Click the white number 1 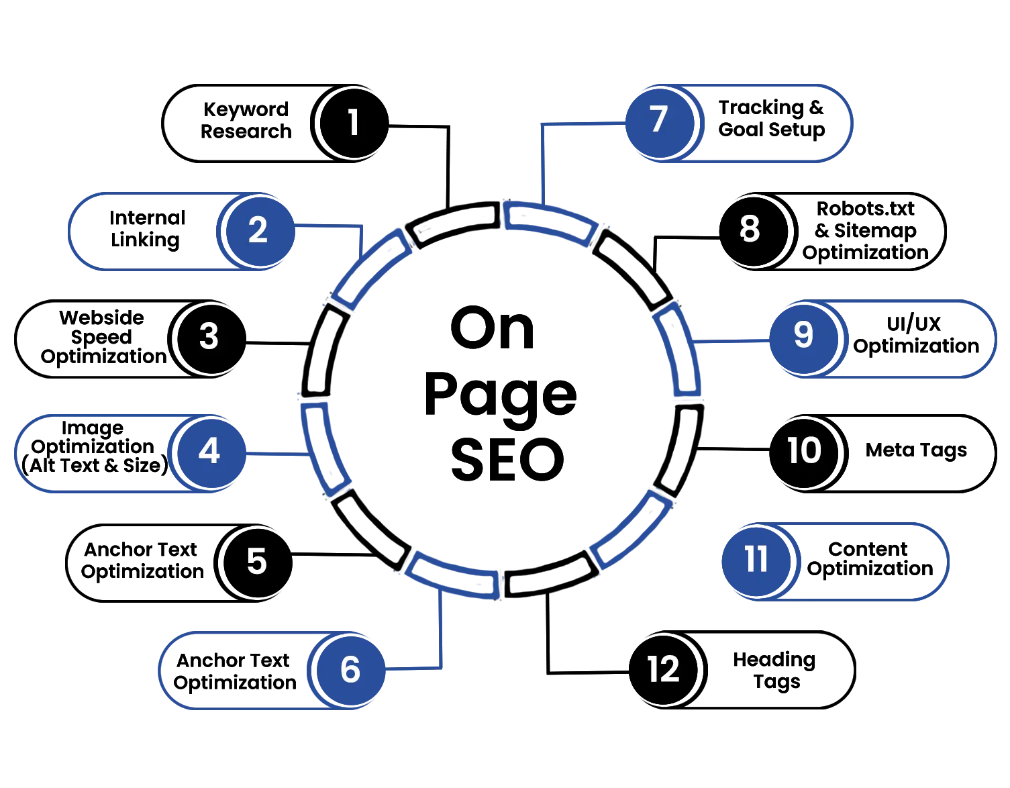pos(353,124)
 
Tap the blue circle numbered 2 pos(258,230)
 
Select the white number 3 pos(209,336)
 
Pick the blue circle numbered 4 pos(209,451)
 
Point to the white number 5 pos(256,561)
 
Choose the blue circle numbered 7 pos(658,120)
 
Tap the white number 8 pos(749,229)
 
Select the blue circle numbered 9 pos(803,335)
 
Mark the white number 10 pos(803,450)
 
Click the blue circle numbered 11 pos(756,559)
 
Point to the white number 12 pos(663,669)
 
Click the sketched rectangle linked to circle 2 pos(370,270)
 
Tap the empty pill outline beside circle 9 pos(919,339)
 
